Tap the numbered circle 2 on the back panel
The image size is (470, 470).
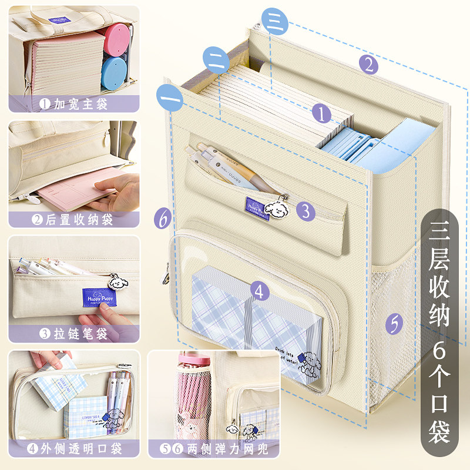tap(368, 63)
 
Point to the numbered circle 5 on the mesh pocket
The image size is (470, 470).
tap(394, 323)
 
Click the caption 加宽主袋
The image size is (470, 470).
tap(74, 104)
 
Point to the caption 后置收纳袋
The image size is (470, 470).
tap(74, 220)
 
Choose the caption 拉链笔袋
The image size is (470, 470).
tap(74, 334)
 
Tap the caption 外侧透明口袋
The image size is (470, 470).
tap(74, 449)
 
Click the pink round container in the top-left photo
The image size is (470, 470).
tap(116, 38)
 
